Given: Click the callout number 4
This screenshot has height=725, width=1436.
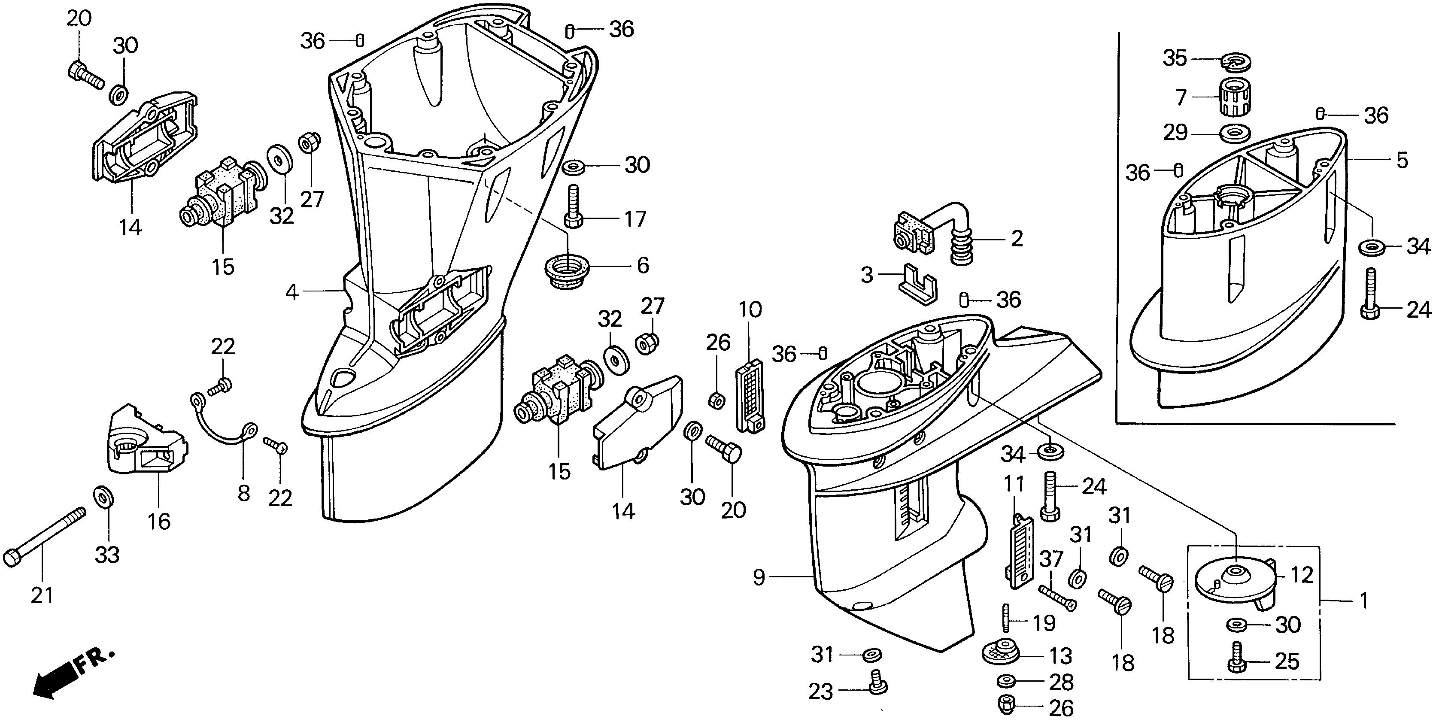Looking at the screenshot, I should pos(292,291).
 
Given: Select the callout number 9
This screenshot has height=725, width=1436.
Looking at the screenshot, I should pos(759,577).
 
